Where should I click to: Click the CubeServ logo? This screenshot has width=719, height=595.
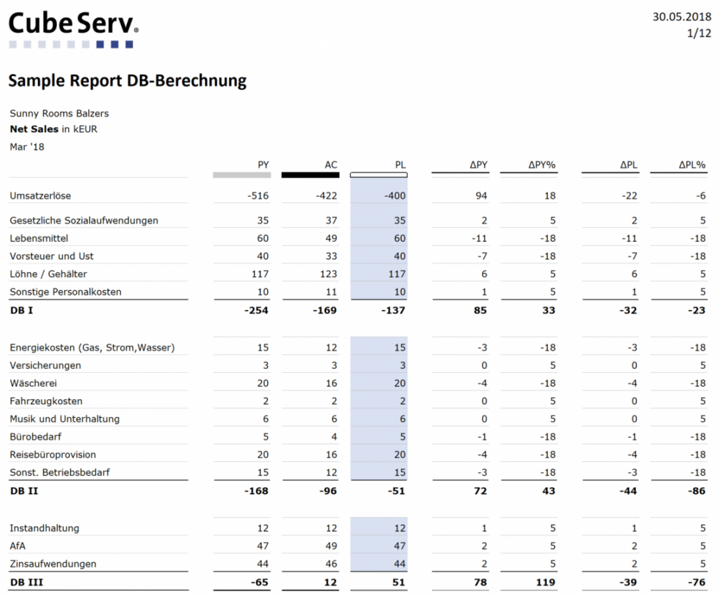pos(73,29)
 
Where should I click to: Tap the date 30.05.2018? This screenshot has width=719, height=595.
pos(682,17)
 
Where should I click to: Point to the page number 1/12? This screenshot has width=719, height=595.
pos(698,34)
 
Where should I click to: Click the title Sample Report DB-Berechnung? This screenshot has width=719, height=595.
pos(128,81)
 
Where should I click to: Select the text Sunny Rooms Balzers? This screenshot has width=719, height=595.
pos(59,113)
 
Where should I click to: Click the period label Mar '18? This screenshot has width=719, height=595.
pos(27,147)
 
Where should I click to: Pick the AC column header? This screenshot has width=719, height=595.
pos(331,165)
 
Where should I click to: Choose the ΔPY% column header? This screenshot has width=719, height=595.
pos(542,165)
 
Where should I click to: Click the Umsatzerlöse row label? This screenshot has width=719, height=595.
pos(40,196)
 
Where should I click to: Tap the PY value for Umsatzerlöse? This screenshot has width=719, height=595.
pos(258,196)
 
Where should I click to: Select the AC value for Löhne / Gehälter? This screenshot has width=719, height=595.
pos(328,274)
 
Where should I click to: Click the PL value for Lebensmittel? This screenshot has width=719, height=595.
pos(400,239)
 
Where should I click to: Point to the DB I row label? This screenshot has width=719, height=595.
pos(22,310)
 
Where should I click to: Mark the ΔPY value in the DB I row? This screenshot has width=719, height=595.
pos(480,310)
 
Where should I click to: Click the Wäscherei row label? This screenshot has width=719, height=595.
pos(33,383)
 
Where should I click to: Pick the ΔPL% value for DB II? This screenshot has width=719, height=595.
pos(697,491)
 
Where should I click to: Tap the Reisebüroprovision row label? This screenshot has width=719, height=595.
pos(53,455)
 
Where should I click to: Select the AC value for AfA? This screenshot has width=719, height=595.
pos(331,546)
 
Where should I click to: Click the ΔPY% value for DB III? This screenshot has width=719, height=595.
pos(545,582)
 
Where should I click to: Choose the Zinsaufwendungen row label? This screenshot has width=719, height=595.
pos(53,564)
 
